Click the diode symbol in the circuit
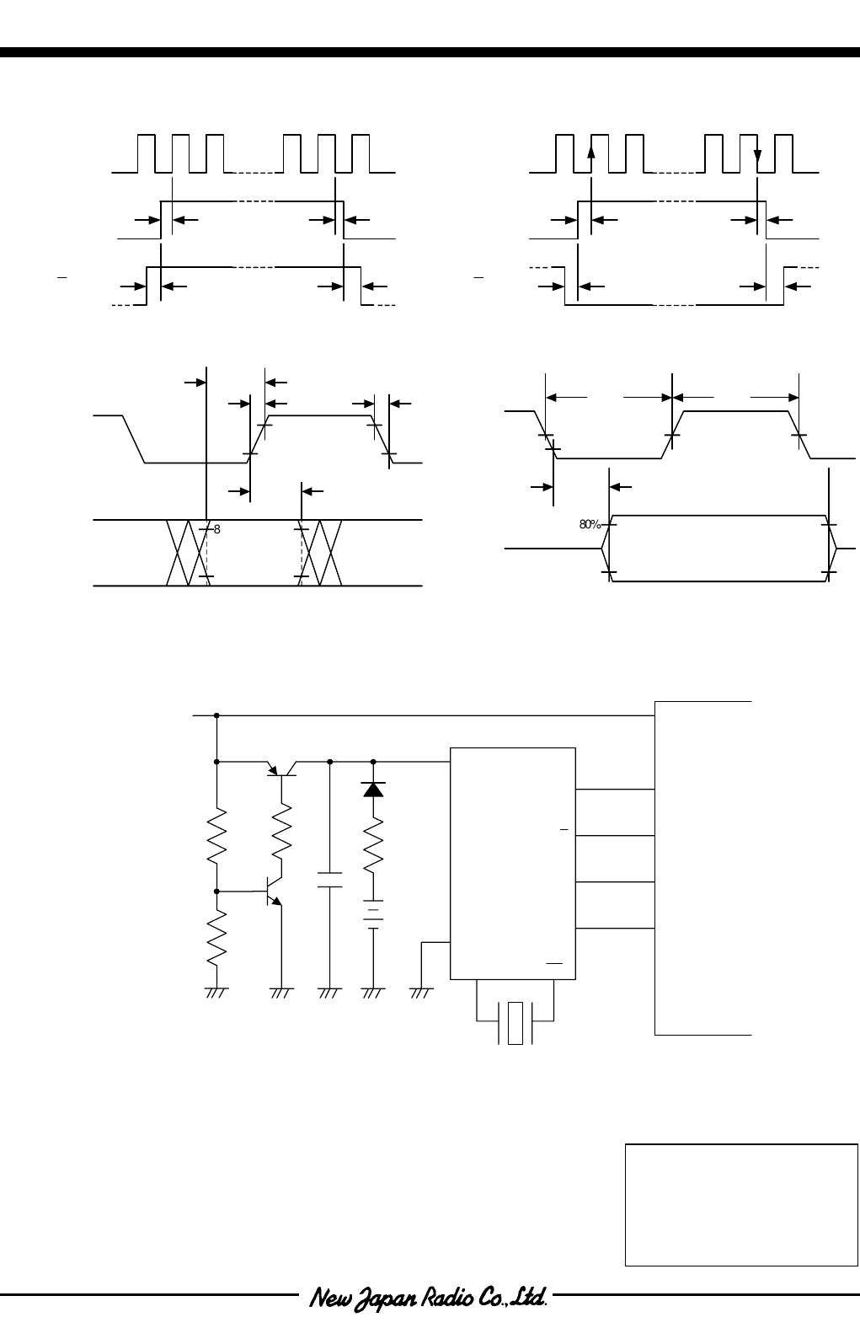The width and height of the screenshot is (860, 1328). coord(373,789)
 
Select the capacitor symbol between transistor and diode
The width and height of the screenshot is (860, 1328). coord(330,881)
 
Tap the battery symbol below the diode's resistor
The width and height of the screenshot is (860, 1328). coord(373,913)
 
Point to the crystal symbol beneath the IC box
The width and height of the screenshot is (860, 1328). coord(515,1022)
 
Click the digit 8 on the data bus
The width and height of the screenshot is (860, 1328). coord(216,529)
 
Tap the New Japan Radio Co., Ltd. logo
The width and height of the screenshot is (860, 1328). coord(430,1297)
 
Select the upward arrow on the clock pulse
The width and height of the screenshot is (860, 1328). coord(590,150)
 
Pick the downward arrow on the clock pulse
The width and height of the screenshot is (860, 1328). coord(757,158)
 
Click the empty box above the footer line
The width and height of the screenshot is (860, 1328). coord(741,1203)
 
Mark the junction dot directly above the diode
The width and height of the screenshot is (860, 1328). coord(373,761)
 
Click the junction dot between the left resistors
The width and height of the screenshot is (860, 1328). coord(217,891)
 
